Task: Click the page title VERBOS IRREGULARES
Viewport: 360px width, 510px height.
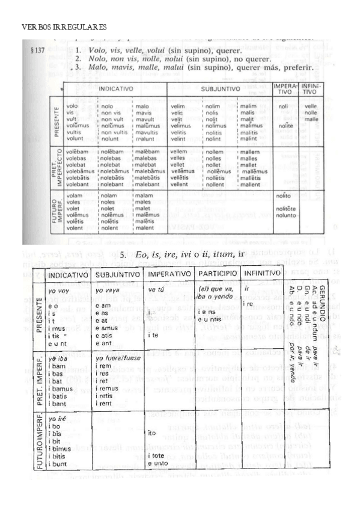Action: point(64,27)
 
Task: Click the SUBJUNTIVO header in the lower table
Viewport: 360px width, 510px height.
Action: point(117,274)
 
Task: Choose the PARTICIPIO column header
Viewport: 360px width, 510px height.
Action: point(216,274)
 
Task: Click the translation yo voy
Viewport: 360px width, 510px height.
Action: point(59,290)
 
